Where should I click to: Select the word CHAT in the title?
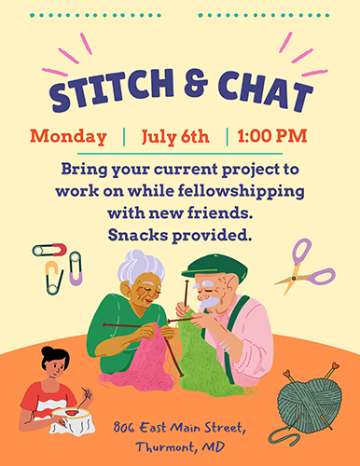tap(265, 90)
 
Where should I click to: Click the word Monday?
tap(68, 137)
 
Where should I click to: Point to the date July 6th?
tap(175, 137)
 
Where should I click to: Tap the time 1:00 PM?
tap(272, 136)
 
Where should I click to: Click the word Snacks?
tap(138, 235)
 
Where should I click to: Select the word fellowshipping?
tap(242, 191)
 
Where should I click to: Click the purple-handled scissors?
tap(305, 267)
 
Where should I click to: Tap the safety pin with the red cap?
tap(49, 250)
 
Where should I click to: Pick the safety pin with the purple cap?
tap(76, 268)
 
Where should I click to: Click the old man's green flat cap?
tap(215, 267)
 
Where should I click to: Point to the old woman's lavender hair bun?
tap(141, 267)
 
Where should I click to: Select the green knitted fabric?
tap(202, 357)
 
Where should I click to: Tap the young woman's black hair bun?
tap(48, 351)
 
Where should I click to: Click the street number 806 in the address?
tap(124, 428)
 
